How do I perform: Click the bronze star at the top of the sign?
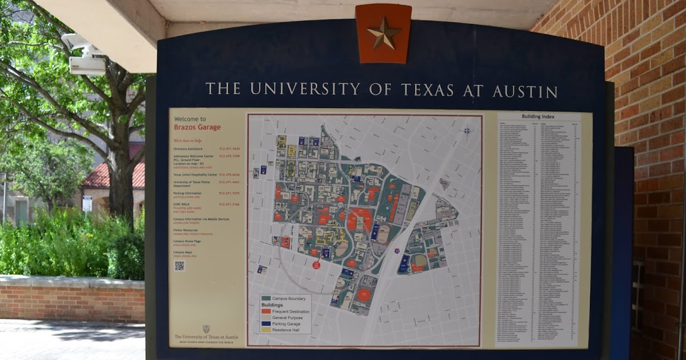(x=384, y=33)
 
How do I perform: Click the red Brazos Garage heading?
(x=197, y=127)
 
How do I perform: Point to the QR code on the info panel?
(x=180, y=266)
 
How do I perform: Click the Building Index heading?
(x=538, y=117)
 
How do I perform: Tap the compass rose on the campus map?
(x=467, y=131)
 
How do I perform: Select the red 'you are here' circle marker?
(x=316, y=265)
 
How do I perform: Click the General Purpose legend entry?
(x=288, y=318)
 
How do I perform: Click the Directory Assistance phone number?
(x=229, y=148)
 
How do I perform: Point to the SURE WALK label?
(x=182, y=203)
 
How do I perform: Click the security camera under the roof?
(x=86, y=54)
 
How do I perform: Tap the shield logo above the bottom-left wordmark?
(x=206, y=329)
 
